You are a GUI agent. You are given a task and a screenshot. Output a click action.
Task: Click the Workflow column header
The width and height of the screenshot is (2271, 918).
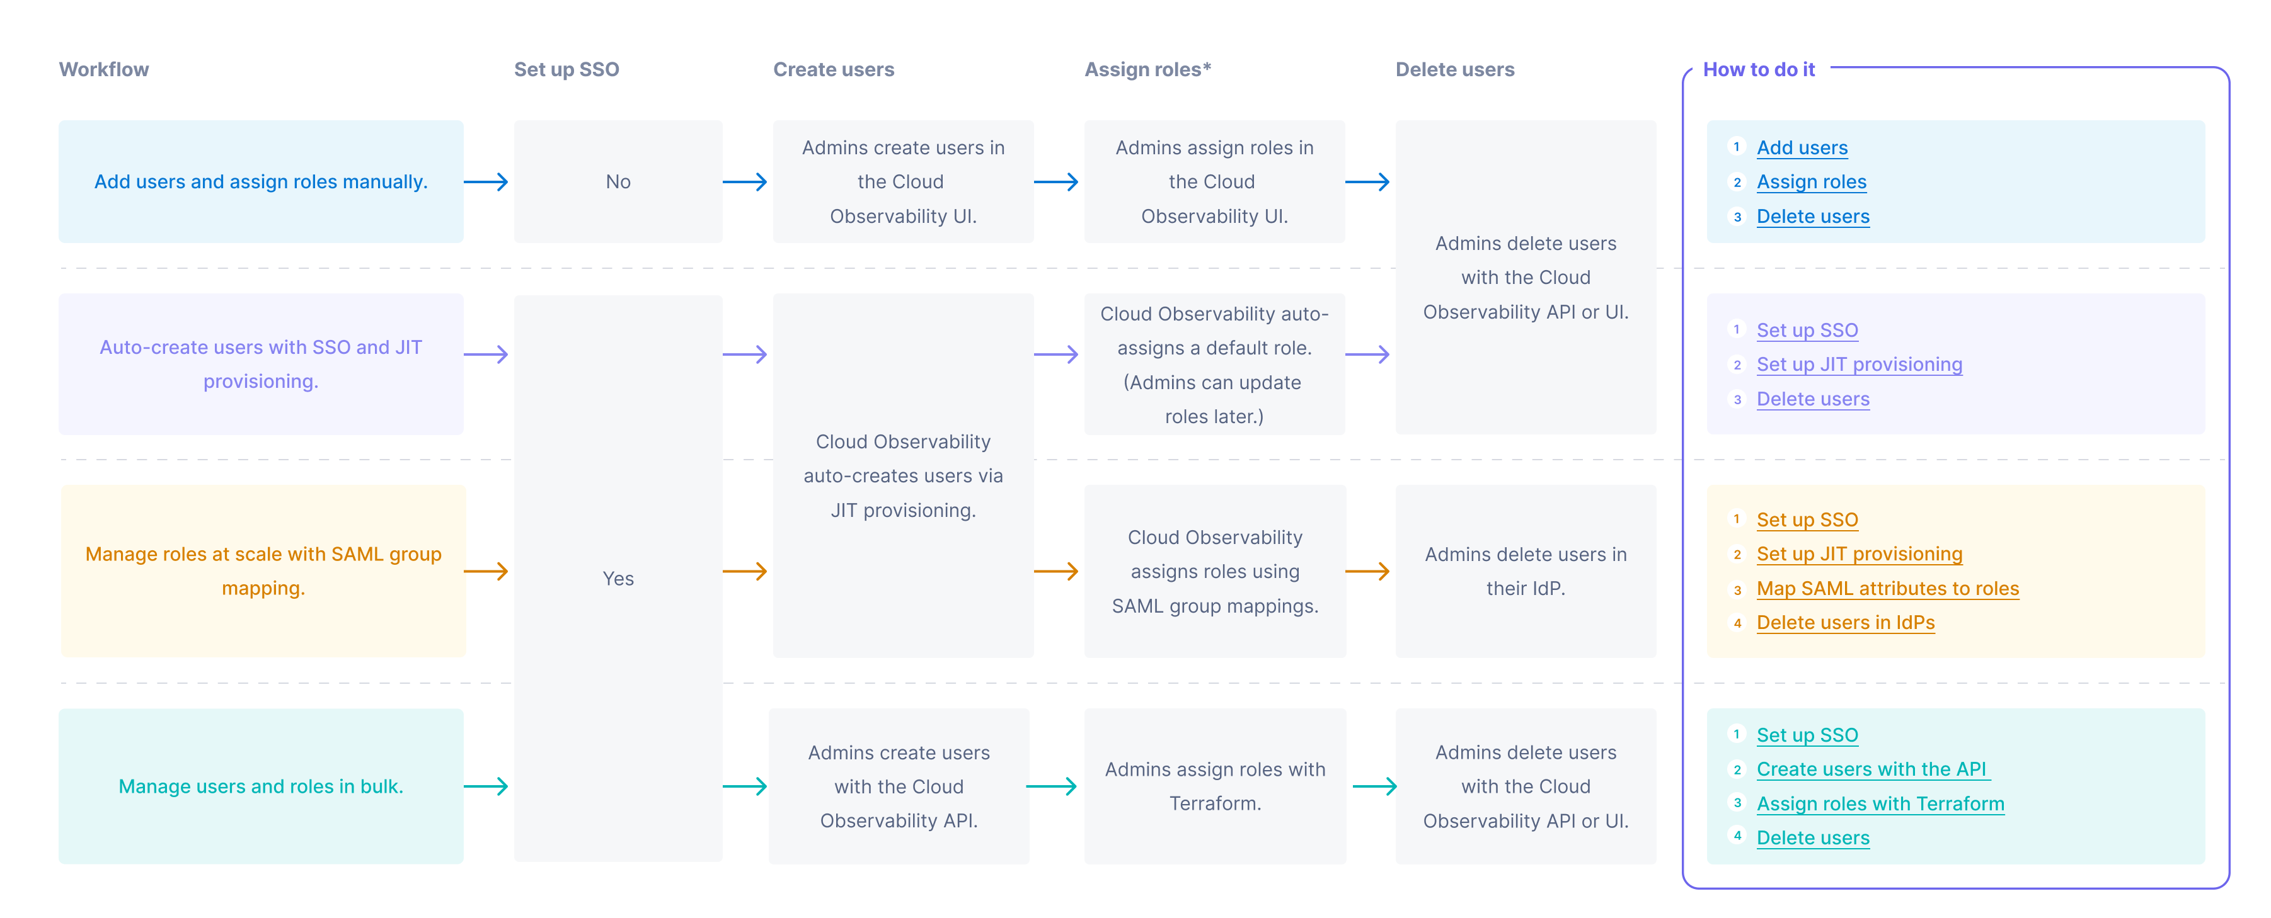[x=103, y=70]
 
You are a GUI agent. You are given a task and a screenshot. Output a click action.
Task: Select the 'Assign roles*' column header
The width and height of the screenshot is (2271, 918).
[x=1147, y=70]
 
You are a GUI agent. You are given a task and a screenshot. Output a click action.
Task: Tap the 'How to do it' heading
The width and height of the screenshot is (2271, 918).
[x=1758, y=70]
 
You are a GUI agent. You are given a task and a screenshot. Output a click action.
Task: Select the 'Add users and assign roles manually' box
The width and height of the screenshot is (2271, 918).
[x=260, y=181]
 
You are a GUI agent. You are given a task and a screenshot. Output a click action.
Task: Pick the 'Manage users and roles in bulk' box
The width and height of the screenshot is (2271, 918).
[x=260, y=786]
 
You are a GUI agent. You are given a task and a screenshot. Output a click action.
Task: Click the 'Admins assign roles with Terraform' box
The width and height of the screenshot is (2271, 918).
[x=1214, y=786]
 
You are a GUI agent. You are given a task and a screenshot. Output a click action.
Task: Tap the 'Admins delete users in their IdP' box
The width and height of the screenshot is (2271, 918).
[x=1524, y=571]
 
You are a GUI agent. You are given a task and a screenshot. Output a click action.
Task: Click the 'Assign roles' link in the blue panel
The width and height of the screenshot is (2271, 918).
[x=1811, y=183]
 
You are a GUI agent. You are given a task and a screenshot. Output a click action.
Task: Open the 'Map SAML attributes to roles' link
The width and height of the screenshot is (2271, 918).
[x=1887, y=589]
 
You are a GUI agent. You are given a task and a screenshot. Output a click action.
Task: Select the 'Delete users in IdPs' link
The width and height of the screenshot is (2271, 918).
[x=1844, y=623]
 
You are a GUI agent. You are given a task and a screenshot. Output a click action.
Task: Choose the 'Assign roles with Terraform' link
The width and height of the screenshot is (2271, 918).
[x=1880, y=803]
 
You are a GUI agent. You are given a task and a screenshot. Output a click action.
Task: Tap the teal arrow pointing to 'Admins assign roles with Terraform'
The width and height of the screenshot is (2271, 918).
[x=1052, y=786]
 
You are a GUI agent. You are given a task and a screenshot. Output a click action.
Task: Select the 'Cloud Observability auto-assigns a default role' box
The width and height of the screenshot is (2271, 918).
[x=1214, y=365]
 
